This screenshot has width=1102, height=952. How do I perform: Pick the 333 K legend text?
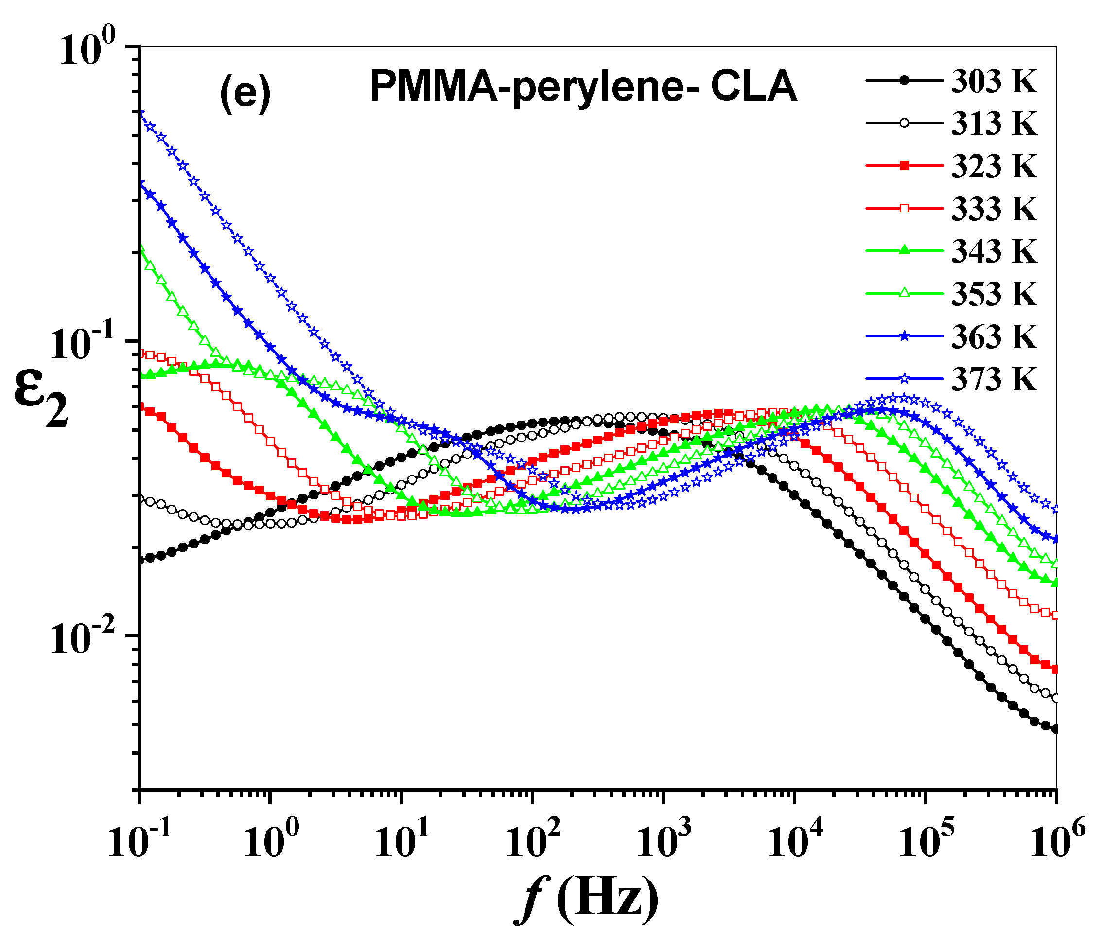click(994, 209)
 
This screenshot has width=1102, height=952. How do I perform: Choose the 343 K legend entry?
click(994, 251)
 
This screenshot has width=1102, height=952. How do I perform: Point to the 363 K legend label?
click(994, 336)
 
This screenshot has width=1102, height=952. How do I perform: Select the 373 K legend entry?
click(994, 379)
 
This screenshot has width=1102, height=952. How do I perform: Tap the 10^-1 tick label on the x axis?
click(140, 841)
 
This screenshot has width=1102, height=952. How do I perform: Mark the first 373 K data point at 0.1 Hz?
click(140, 112)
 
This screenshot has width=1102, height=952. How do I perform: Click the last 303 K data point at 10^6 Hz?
click(1056, 730)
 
